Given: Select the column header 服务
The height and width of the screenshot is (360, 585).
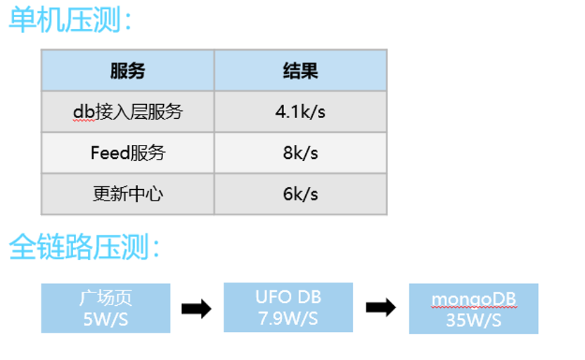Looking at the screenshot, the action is pyautogui.click(x=127, y=70).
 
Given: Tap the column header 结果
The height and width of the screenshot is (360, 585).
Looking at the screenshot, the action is pyautogui.click(x=300, y=70).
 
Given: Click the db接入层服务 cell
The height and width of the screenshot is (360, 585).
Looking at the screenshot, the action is pyautogui.click(x=127, y=112).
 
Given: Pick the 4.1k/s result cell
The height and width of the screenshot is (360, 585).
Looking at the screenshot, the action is pyautogui.click(x=300, y=112).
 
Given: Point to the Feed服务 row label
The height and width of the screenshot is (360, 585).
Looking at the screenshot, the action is pyautogui.click(x=127, y=153).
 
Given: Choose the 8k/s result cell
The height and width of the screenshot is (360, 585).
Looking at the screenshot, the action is pyautogui.click(x=300, y=153).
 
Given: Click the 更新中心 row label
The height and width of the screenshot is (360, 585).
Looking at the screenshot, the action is pyautogui.click(x=127, y=193).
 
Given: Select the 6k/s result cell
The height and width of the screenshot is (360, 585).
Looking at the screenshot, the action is pyautogui.click(x=300, y=193).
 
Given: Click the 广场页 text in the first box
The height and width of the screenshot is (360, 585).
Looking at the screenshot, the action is pyautogui.click(x=105, y=298).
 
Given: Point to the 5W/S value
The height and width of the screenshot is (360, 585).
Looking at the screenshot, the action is pyautogui.click(x=105, y=319).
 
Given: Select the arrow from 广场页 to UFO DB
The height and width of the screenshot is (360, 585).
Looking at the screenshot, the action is pyautogui.click(x=197, y=309).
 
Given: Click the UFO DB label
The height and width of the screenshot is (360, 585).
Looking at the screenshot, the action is pyautogui.click(x=288, y=297).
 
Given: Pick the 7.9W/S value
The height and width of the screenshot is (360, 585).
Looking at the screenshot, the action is pyautogui.click(x=288, y=319).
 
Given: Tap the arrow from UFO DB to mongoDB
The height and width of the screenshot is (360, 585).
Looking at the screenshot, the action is pyautogui.click(x=381, y=307).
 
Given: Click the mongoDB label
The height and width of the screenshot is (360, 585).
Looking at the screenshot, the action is pyautogui.click(x=474, y=300).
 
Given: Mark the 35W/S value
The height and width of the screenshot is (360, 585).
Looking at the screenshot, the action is pyautogui.click(x=474, y=320).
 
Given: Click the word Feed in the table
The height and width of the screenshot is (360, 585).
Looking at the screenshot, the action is pyautogui.click(x=110, y=153).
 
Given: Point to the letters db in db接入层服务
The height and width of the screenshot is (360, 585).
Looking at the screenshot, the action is pyautogui.click(x=84, y=112).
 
